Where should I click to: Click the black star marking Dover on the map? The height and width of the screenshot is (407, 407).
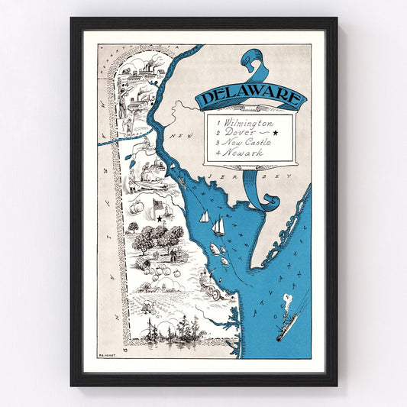pos(160,219)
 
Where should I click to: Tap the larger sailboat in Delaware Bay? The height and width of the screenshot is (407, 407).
pos(219,225)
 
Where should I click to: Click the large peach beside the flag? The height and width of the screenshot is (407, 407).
pos(137,208)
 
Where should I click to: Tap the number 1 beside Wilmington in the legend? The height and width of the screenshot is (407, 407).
pos(217,122)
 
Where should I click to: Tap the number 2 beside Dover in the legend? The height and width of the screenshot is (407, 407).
pos(218,133)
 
